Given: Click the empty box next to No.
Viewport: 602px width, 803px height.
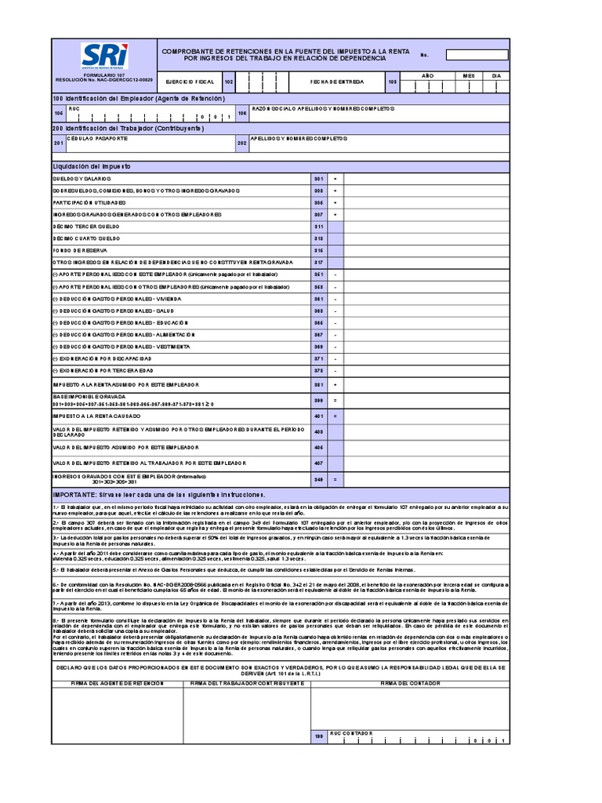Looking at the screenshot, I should [477, 55].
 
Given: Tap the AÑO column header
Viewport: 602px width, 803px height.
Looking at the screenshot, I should [427, 75].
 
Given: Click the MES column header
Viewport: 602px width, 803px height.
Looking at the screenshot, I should [469, 75].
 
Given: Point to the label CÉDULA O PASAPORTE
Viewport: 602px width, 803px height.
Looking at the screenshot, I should [97, 138].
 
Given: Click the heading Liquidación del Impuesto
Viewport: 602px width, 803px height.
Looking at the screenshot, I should [92, 167].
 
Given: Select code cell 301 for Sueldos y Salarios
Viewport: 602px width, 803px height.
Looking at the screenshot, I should [318, 179].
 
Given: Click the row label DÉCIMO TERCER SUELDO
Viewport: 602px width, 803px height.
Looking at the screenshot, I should [86, 226].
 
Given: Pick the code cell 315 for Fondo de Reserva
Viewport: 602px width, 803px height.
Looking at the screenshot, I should [318, 250].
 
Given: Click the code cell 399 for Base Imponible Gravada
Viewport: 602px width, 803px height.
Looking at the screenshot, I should [318, 401].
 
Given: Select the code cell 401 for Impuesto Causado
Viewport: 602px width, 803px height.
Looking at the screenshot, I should [318, 416].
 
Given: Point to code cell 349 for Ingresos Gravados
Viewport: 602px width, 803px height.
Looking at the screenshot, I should [318, 479].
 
